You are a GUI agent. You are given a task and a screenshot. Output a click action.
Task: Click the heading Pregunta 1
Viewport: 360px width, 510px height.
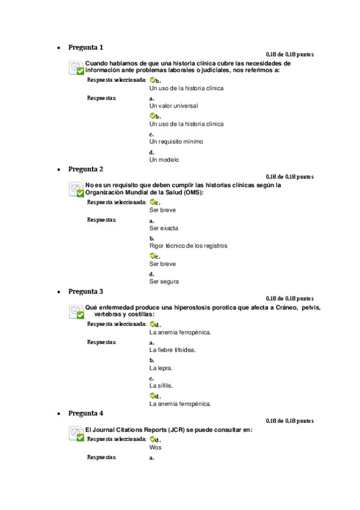coord(85,47)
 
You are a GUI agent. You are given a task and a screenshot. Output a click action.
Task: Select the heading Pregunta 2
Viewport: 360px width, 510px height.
coord(85,169)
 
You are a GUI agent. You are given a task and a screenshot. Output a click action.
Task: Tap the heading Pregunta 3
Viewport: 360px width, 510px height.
coord(85,291)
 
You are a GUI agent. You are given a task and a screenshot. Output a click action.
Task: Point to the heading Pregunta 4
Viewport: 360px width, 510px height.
coord(85,413)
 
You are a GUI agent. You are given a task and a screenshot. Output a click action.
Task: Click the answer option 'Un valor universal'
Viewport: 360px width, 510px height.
coord(174,106)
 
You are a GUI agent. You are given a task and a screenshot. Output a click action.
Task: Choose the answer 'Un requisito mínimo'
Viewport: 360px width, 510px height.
coord(176,142)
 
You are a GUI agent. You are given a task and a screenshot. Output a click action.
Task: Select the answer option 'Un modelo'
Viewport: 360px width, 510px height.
coord(164,160)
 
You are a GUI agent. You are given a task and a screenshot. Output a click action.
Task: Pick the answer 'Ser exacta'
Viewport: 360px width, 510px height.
coord(163,228)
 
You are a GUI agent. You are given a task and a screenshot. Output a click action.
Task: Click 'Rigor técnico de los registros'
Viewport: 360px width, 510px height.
coord(188,245)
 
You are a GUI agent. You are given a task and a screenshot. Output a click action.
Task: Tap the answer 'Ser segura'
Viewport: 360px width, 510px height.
coord(164,281)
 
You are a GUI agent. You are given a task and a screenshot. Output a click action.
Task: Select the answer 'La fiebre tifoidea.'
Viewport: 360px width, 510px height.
coord(172,349)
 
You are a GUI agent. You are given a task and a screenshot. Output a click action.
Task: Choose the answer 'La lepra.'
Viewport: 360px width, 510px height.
coord(161,367)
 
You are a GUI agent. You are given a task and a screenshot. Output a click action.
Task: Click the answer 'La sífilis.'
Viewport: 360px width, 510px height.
coord(161,386)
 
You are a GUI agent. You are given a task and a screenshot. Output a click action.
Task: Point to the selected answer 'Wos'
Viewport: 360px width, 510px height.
coord(155,447)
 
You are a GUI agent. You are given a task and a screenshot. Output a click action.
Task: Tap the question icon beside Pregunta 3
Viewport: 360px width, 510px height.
coord(76,311)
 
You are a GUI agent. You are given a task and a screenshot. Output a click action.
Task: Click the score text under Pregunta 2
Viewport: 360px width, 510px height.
coord(289,177)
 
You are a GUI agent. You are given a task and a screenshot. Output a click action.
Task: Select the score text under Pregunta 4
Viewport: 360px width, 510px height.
coord(289,421)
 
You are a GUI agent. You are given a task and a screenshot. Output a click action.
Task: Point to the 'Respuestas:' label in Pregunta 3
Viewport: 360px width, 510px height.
coord(102,342)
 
